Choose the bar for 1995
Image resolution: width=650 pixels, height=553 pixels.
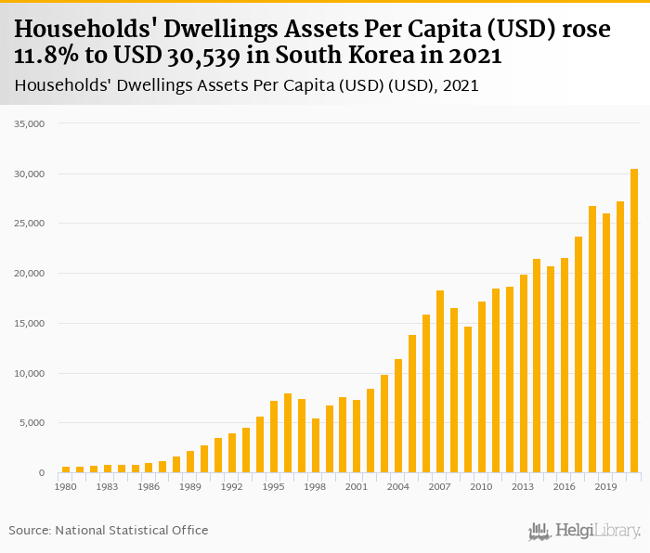coord(274,437)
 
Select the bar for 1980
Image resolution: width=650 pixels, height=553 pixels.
coord(66,469)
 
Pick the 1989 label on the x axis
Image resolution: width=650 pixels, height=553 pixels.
coord(190,486)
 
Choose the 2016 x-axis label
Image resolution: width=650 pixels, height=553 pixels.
coord(565,486)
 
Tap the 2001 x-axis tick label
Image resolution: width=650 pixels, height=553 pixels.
coord(357,486)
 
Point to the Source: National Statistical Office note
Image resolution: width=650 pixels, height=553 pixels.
coord(109,530)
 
